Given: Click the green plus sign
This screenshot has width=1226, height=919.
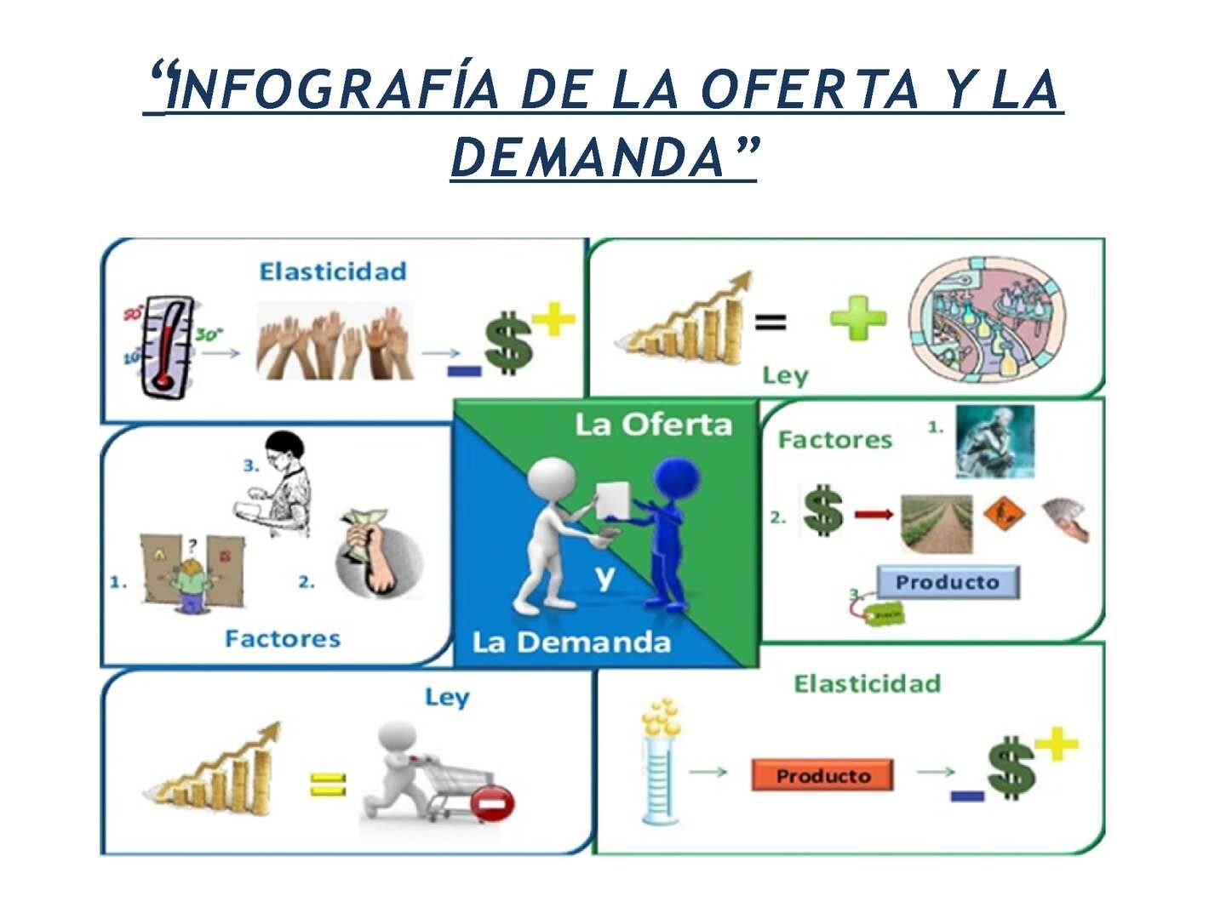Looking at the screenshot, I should click(x=858, y=319).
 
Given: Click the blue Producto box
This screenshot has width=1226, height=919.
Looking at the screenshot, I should click(x=948, y=582).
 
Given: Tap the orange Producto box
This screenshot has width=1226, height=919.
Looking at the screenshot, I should click(x=822, y=775).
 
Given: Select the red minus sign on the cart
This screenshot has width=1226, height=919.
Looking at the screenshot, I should click(x=494, y=803).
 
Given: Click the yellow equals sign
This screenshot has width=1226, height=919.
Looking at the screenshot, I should click(x=328, y=783).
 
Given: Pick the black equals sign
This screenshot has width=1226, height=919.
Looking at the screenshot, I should click(x=771, y=321).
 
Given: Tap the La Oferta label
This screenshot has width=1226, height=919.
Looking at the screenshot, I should click(x=653, y=424).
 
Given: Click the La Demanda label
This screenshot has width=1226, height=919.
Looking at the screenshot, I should click(x=571, y=642).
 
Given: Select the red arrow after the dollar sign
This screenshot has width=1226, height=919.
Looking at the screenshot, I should click(x=874, y=513).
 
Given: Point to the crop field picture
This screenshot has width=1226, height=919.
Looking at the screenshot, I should click(x=937, y=522).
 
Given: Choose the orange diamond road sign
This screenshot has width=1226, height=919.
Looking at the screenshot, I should click(x=1005, y=513).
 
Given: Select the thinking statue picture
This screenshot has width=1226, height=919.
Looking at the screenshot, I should click(x=994, y=441).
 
